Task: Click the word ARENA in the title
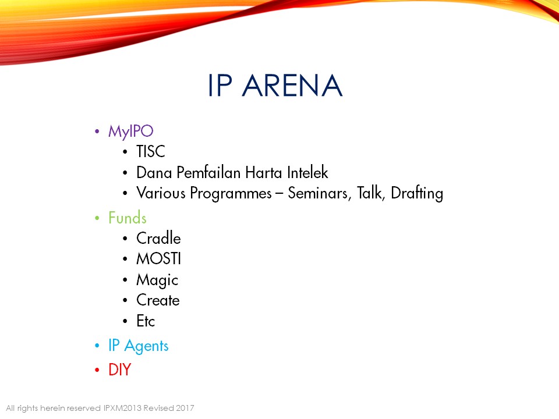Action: pos(292,86)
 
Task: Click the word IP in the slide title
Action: pos(220,86)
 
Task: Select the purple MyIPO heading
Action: pos(131,132)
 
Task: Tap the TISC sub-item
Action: pos(151,151)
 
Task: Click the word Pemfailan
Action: pos(208,172)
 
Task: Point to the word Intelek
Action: pos(307,172)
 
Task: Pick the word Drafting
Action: pos(417,193)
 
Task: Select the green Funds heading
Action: pos(128,218)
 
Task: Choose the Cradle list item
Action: pos(158,238)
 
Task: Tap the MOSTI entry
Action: pos(158,258)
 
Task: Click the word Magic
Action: pos(157,280)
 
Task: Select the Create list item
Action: pos(158,300)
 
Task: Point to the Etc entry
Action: pos(146,321)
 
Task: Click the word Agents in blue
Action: pos(146,346)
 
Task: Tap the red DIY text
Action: pos(120,370)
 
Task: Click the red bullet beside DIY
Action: pos(97,370)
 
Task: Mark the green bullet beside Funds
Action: pos(97,218)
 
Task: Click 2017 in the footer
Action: pos(185,408)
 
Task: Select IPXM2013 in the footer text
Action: pos(122,408)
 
